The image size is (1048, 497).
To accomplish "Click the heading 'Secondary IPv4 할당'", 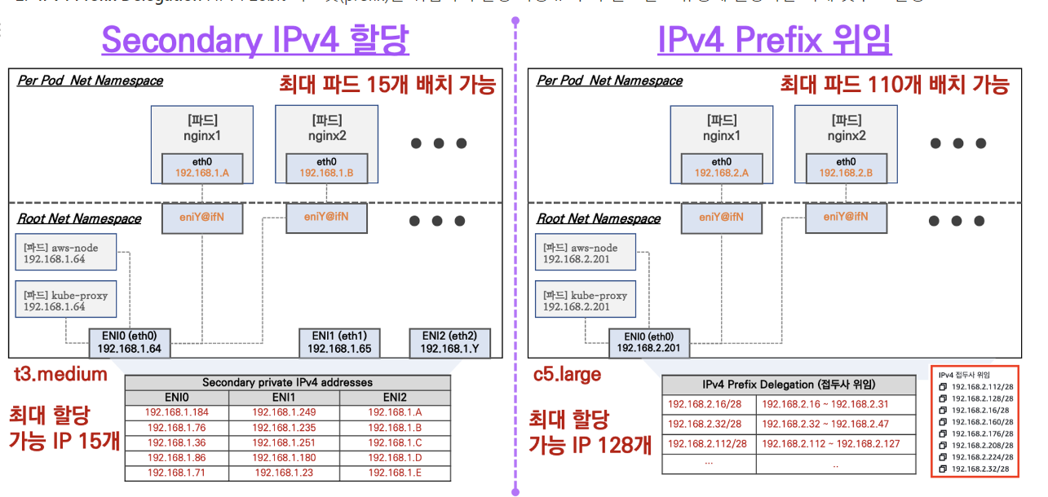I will [x=255, y=39].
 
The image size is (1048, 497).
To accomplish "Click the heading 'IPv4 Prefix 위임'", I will [x=774, y=39].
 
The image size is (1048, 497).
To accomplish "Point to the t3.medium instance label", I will [x=61, y=374].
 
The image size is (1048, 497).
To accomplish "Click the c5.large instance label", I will [x=567, y=374].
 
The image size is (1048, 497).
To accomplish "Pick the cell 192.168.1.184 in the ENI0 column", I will [x=176, y=412].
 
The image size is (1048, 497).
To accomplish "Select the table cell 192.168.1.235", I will [x=284, y=427].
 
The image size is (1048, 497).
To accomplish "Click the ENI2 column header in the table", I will [x=395, y=398].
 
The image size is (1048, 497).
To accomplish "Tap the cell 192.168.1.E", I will [x=395, y=472].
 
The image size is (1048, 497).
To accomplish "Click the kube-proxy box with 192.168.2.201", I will [x=585, y=301].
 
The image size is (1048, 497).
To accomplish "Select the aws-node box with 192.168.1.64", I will [x=66, y=253].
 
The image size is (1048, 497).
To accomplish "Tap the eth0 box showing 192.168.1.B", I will [x=326, y=167].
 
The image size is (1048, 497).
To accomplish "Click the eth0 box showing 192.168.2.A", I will [x=721, y=167].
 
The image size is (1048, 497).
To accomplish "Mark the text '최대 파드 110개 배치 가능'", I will [x=895, y=84].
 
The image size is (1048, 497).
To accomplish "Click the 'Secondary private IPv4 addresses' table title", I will [x=287, y=382].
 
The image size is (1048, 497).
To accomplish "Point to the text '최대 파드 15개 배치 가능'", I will [x=387, y=84].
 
